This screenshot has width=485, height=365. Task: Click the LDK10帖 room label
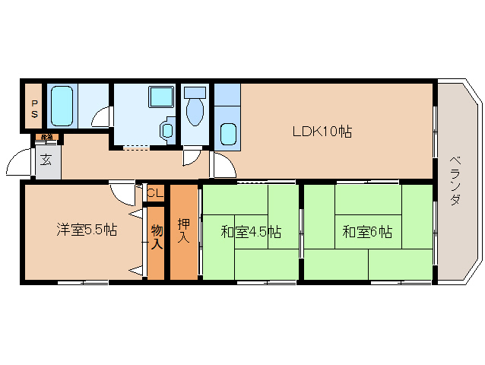(x=322, y=132)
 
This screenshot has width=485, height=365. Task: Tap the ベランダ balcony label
(x=455, y=179)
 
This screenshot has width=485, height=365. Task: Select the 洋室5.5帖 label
(x=87, y=229)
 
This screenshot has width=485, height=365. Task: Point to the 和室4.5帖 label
(x=251, y=231)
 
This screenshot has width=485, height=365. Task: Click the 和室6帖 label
(x=367, y=231)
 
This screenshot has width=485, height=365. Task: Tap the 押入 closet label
(x=183, y=231)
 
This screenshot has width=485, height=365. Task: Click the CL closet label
(x=154, y=193)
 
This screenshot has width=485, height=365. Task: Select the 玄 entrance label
(x=46, y=160)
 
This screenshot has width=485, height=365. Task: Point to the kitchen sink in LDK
(x=228, y=132)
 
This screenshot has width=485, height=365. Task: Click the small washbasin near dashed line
(x=167, y=130)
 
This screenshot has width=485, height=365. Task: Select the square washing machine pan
(x=161, y=97)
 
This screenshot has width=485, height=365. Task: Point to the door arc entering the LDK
(x=222, y=166)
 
